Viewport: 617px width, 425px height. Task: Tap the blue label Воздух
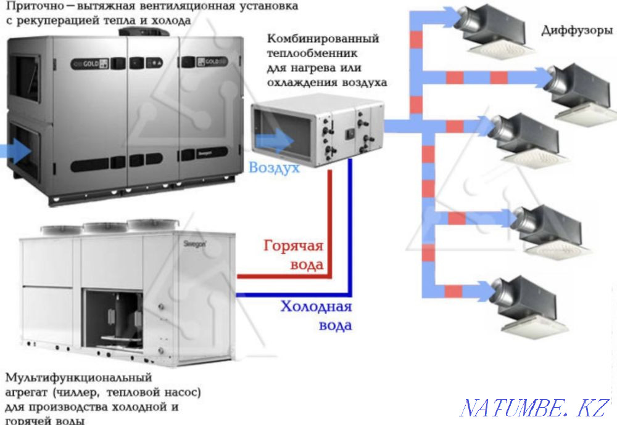(x=275, y=168)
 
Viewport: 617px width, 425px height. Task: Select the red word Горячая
(x=294, y=246)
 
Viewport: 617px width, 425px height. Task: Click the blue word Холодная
(x=317, y=307)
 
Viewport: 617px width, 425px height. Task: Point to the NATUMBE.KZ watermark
(x=536, y=408)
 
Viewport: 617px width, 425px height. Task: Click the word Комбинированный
(x=323, y=39)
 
